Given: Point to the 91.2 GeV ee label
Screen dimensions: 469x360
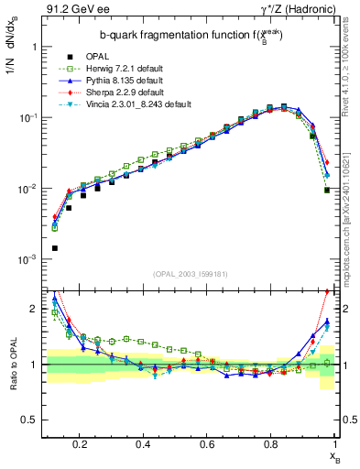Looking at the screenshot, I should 72,10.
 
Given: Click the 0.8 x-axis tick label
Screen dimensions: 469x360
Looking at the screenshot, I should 270,443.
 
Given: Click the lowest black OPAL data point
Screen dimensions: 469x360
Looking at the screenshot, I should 54,248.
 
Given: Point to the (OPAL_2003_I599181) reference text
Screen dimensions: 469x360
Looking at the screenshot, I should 193,274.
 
